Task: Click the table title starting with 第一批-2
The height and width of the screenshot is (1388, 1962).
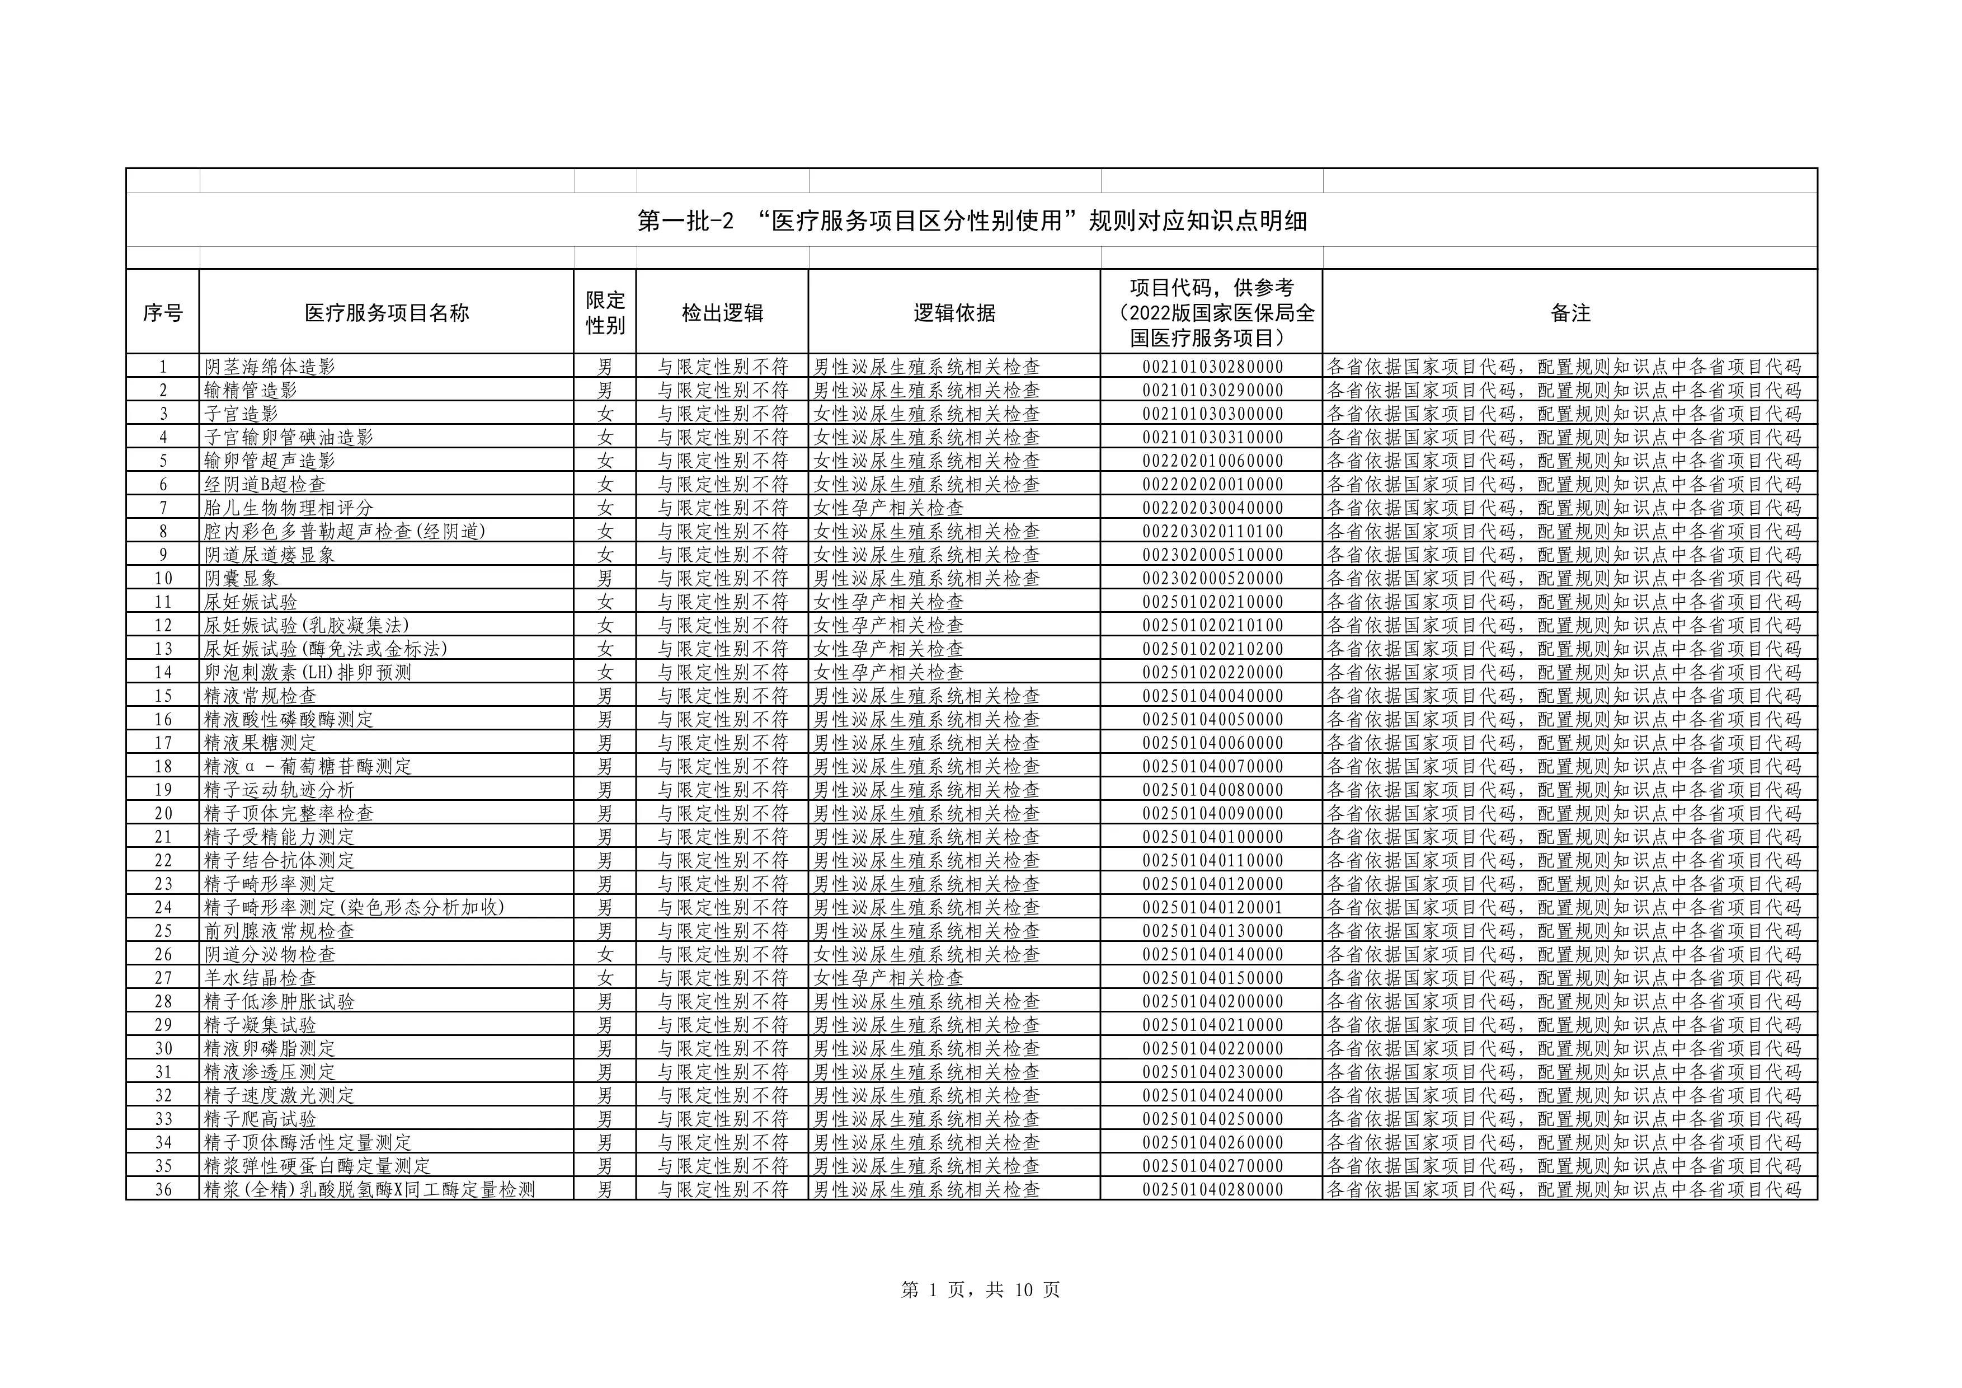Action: (972, 222)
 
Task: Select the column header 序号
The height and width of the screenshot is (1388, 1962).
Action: (162, 313)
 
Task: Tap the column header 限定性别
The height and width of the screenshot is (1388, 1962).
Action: (605, 313)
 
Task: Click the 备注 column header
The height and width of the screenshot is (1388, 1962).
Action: (1570, 313)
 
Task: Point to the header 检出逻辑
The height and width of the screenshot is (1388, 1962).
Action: (722, 313)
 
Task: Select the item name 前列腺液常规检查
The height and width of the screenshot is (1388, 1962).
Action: (279, 931)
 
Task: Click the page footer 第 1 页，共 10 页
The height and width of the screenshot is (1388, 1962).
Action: (980, 1289)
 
